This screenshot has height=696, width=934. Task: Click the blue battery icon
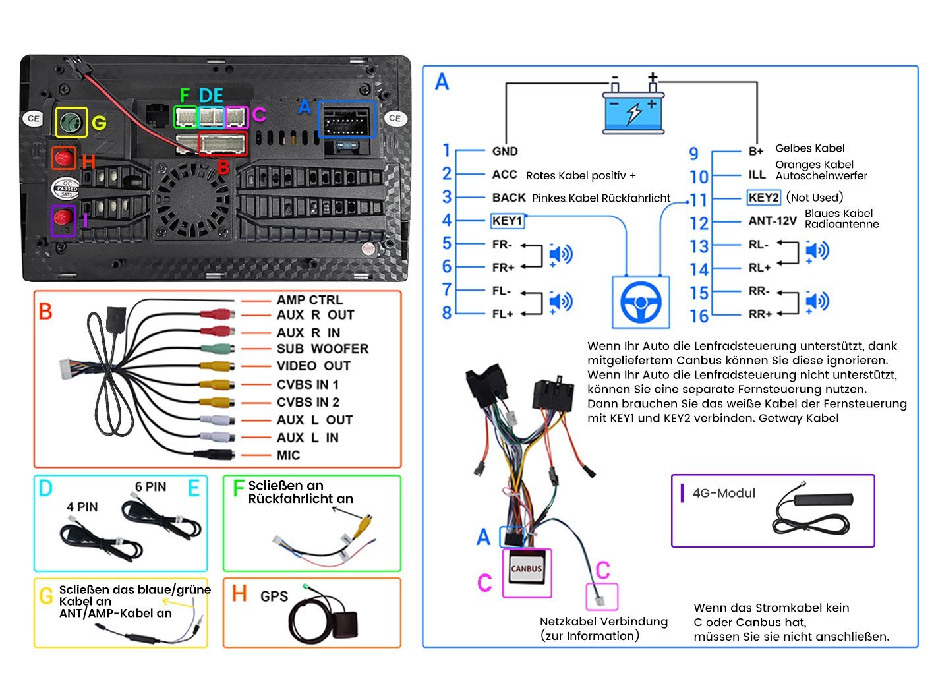pos(633,112)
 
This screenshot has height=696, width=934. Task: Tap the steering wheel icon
pos(641,303)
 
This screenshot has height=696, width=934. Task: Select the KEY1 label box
pos(508,221)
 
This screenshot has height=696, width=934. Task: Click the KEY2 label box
pos(764,198)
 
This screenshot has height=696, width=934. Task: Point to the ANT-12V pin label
pos(772,221)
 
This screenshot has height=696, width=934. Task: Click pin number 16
pos(699,316)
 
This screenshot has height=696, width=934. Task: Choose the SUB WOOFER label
pos(322,349)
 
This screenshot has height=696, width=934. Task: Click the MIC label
pos(288,455)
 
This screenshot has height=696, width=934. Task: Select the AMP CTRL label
pos(309,300)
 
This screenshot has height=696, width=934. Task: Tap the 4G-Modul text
pos(724,494)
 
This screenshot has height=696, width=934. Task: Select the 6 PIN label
pos(150,487)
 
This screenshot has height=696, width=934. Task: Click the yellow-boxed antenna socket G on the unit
pos(71,122)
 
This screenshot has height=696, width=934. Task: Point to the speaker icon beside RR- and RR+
pos(817,302)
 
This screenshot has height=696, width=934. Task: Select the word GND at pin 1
pos(505,152)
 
